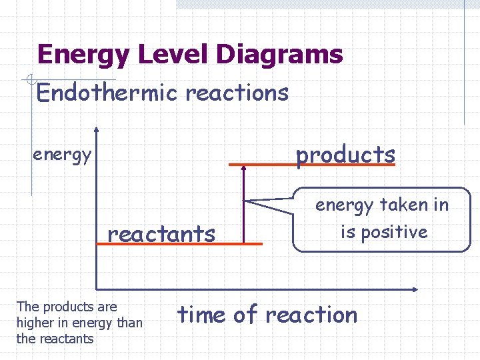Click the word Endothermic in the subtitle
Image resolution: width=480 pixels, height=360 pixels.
pos(107,93)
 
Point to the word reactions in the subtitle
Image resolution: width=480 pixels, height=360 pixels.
pos(237,93)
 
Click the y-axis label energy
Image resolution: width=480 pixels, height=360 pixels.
pos(62,155)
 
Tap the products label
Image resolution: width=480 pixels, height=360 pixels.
pos(345,154)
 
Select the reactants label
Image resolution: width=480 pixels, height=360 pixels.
pos(161,234)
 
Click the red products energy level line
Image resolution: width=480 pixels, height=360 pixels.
pos(311,165)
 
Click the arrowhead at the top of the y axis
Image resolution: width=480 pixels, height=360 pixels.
pos(97,130)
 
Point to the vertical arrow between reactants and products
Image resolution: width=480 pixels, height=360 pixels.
pos(244,204)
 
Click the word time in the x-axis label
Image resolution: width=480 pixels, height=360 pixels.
pos(201,314)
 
